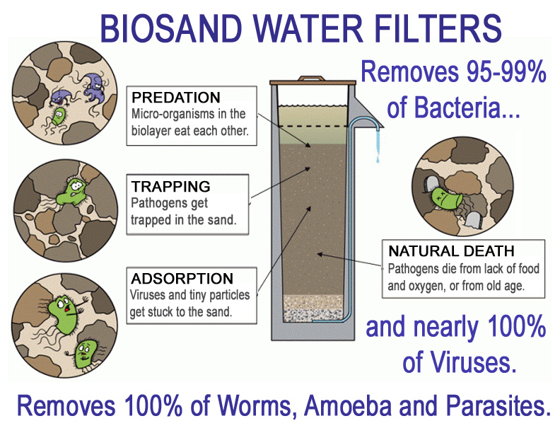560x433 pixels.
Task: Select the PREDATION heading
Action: [176, 98]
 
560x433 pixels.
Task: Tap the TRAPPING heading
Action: [170, 187]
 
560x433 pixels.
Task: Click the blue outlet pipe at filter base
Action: [332, 323]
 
